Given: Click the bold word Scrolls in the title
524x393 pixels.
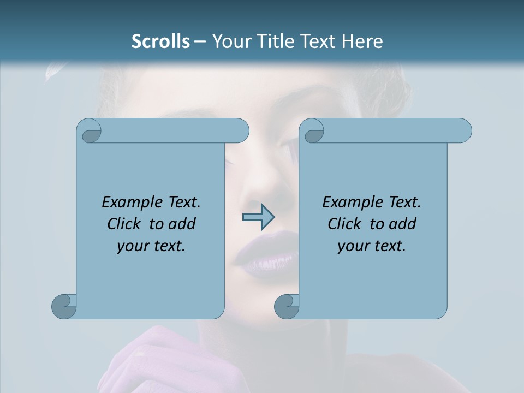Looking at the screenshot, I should click(160, 41).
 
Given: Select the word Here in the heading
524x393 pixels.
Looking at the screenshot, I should click(362, 41).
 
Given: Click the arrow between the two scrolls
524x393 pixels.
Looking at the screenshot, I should click(258, 217).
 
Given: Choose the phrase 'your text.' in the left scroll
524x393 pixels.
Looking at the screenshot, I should click(151, 246).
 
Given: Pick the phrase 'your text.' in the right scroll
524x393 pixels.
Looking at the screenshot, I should click(372, 246).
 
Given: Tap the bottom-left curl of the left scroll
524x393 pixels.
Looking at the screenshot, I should click(64, 306).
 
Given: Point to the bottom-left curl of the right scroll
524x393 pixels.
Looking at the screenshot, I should click(287, 306).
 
